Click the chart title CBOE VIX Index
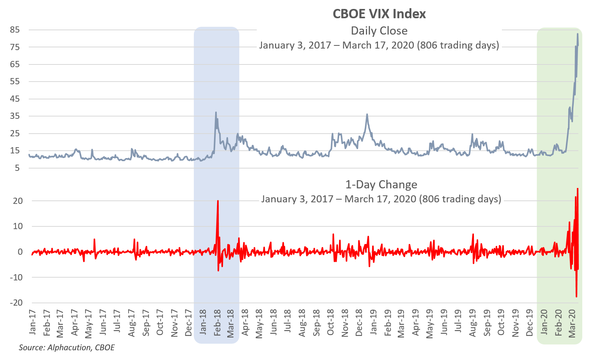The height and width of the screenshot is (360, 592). click(379, 14)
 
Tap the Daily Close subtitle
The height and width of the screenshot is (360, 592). click(379, 31)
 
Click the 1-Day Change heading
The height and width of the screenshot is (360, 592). click(381, 184)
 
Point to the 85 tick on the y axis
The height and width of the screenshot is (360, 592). click(15, 30)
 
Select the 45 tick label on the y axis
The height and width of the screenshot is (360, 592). click(15, 99)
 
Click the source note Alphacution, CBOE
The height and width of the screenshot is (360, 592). click(67, 348)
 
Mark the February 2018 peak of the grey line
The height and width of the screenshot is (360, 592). click(216, 113)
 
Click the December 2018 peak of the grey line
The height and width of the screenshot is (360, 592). click(367, 115)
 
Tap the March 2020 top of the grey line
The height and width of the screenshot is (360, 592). click(578, 34)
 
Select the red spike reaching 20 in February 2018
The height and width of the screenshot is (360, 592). click(218, 201)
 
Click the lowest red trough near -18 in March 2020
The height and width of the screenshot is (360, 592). click(576, 297)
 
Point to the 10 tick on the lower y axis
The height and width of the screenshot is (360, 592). click(18, 226)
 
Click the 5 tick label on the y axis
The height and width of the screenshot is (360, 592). click(17, 168)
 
